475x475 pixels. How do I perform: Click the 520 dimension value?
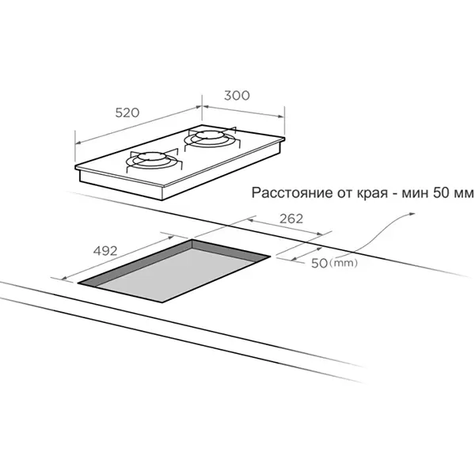pos(127,112)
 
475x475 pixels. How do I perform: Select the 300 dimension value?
pos(237,96)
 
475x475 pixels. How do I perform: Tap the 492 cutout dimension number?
pos(105,251)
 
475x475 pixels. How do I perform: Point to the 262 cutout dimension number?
pos(291,218)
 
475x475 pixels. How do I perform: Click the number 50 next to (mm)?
pos(319,264)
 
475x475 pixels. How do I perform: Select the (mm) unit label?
pos(344,263)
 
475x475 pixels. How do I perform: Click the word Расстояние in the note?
pos(292,193)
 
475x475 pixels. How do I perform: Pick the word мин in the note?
pos(415,193)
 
